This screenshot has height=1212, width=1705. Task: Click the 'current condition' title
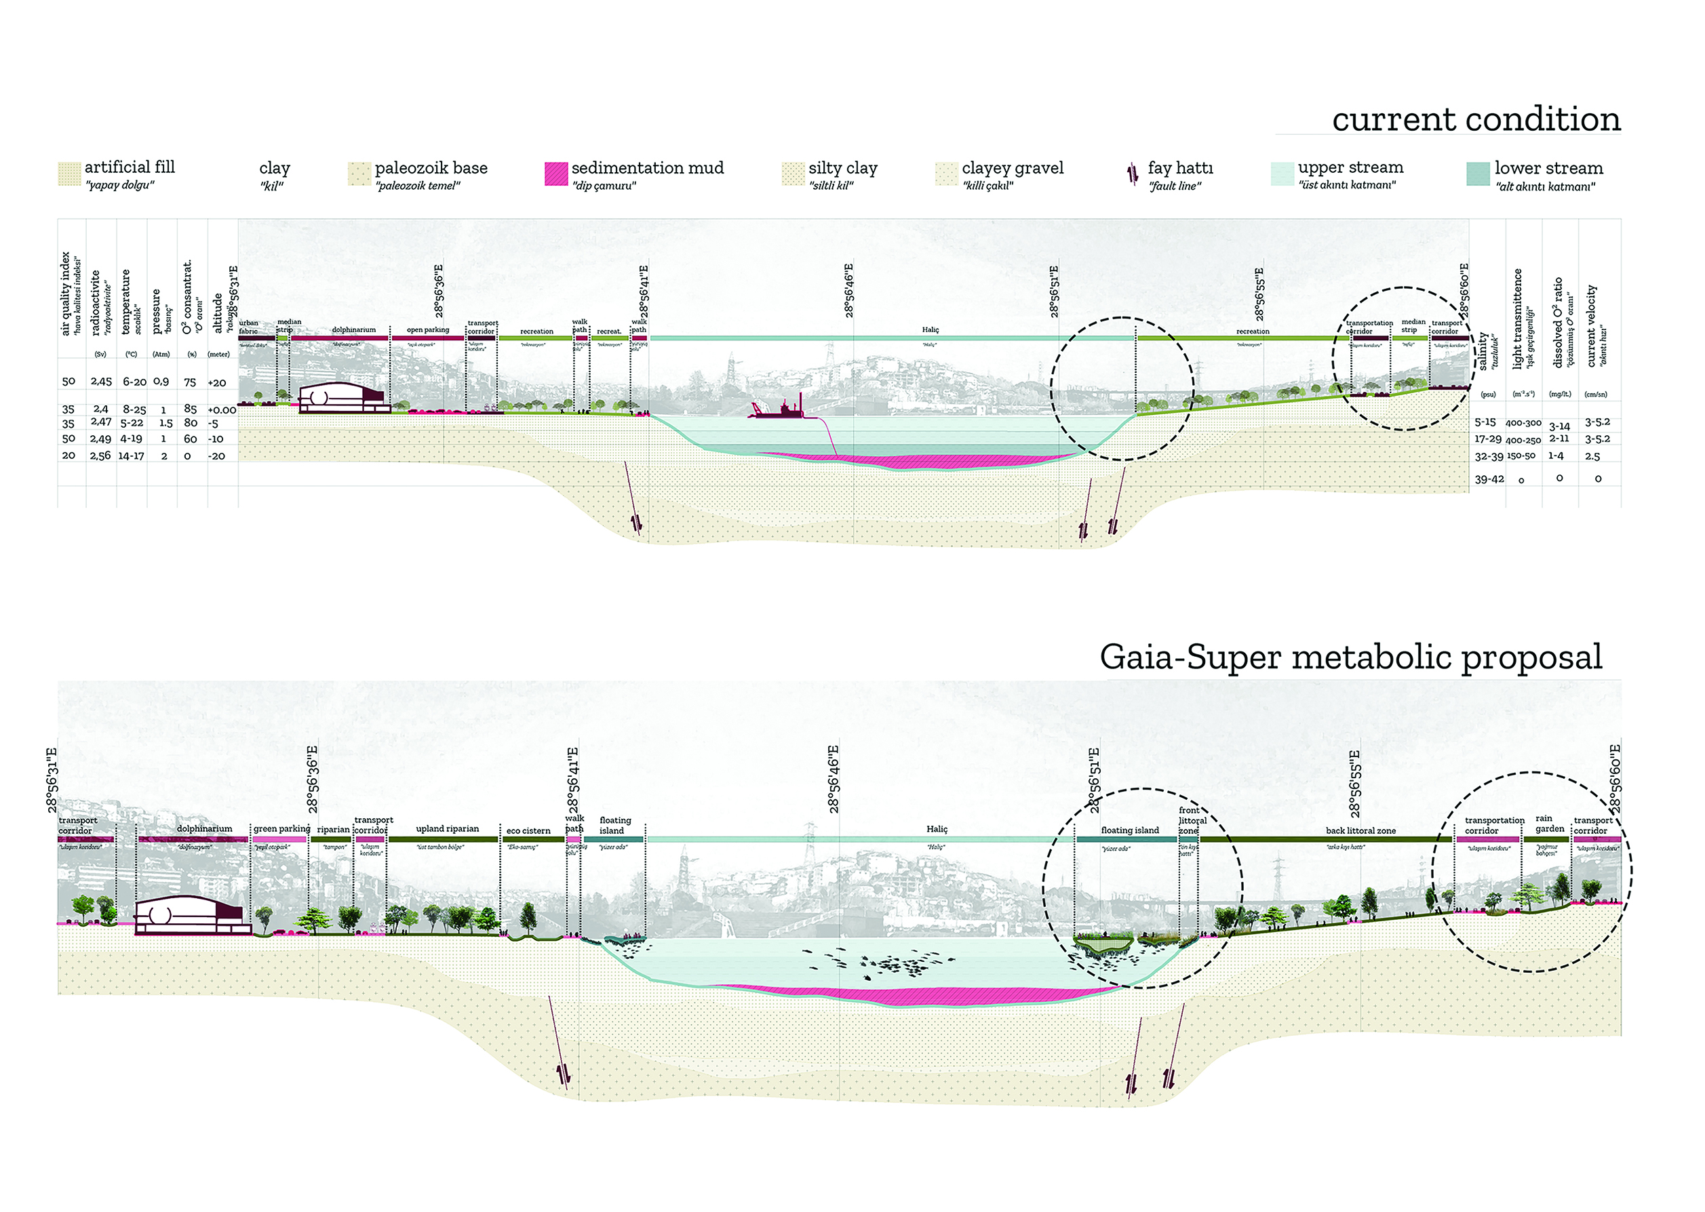click(1476, 119)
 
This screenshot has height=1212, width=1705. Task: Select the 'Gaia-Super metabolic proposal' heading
click(1350, 657)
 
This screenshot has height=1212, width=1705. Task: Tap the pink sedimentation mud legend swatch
click(556, 173)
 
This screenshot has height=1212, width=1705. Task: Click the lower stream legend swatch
click(1478, 173)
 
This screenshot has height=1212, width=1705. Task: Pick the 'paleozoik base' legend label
click(431, 168)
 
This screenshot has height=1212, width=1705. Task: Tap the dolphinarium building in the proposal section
click(193, 915)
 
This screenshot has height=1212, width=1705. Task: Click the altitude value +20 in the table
click(216, 383)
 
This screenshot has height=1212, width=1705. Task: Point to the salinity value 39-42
click(1489, 479)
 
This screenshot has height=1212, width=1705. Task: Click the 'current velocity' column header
click(1592, 325)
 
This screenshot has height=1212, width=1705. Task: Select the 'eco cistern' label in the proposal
click(528, 830)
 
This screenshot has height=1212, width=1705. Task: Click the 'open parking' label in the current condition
click(428, 330)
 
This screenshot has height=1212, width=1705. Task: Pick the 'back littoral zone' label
click(1360, 830)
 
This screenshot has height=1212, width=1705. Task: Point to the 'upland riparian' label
click(447, 828)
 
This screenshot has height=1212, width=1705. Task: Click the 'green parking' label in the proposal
click(281, 828)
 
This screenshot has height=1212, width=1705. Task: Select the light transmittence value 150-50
click(1521, 456)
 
